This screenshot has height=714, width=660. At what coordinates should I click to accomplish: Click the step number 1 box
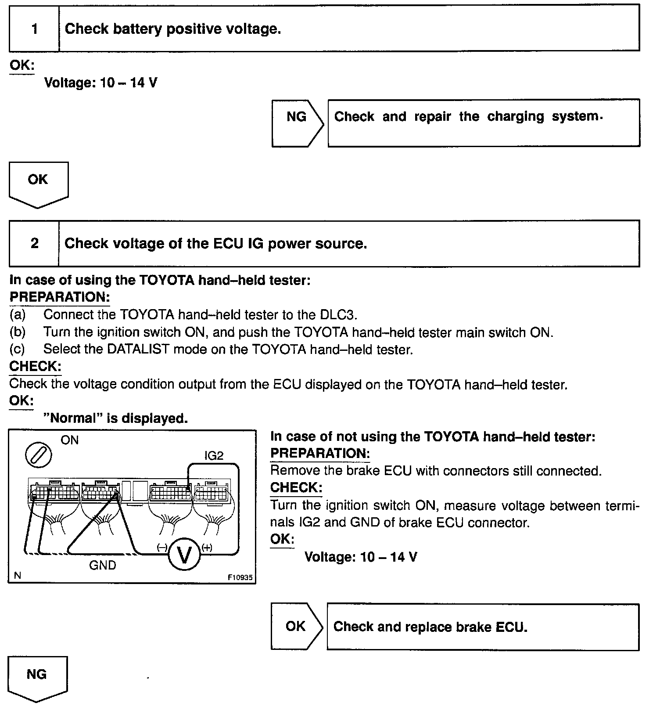[x=34, y=29]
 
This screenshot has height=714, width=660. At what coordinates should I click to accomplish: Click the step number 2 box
[x=34, y=243]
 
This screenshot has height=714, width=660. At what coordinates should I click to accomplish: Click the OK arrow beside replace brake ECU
[x=296, y=626]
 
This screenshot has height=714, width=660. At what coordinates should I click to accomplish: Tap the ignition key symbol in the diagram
[x=39, y=455]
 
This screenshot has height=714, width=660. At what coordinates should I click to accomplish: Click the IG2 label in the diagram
[x=214, y=455]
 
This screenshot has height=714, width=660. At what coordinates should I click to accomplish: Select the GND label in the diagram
[x=103, y=565]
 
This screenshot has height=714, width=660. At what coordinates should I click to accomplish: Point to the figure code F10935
[x=240, y=578]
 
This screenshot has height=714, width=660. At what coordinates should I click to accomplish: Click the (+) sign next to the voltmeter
[x=207, y=547]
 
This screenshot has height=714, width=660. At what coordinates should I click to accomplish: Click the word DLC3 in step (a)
[x=339, y=315]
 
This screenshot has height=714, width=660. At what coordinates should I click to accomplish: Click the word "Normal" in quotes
[x=73, y=418]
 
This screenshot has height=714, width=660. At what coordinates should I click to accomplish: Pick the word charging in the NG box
[x=516, y=117]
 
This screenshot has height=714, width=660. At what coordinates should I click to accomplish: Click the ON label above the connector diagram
[x=69, y=440]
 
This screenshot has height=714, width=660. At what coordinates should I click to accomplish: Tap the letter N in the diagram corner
[x=18, y=576]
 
